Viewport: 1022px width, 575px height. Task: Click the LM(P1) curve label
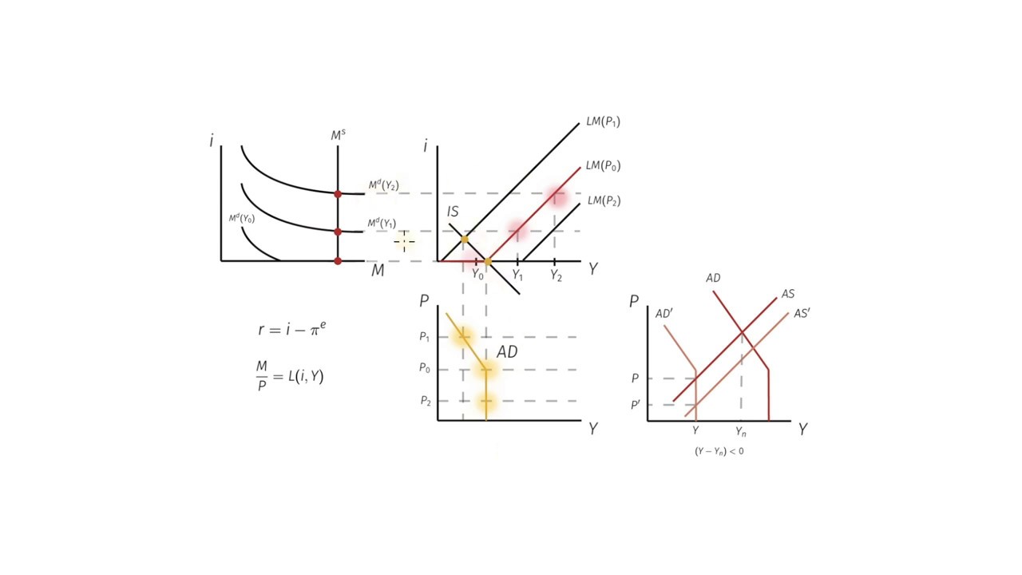(603, 122)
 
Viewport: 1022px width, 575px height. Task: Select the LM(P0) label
(603, 165)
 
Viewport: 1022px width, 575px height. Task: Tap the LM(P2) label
(604, 200)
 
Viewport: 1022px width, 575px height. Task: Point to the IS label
(453, 212)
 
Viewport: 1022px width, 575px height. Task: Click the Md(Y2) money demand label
(384, 185)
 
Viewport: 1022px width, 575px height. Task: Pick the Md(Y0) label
(242, 219)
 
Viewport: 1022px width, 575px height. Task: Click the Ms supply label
(338, 135)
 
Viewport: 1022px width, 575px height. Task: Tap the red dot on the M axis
(338, 261)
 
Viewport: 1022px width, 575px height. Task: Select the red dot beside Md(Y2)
(338, 194)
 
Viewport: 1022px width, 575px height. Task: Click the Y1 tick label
(517, 275)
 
